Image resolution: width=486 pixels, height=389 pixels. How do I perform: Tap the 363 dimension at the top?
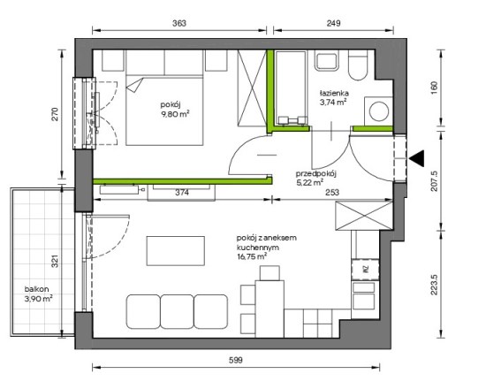tap(179, 23)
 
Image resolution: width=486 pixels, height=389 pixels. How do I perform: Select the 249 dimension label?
tap(333, 23)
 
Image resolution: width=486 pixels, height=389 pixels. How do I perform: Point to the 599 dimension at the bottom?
tap(236, 360)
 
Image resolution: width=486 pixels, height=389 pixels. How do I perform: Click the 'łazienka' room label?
tap(334, 93)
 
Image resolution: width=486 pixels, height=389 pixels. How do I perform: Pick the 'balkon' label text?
tap(36, 289)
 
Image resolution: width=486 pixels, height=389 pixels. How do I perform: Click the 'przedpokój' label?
tap(316, 173)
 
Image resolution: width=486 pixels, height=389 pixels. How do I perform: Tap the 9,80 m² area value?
tap(175, 114)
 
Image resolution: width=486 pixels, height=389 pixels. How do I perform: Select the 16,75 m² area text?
tap(252, 256)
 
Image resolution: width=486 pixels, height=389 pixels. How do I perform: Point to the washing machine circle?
tap(379, 111)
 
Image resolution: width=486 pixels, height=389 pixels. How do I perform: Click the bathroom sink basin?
tap(326, 62)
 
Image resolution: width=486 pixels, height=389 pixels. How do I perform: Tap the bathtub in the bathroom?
tap(292, 88)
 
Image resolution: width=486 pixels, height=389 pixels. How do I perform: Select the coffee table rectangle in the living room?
tap(176, 251)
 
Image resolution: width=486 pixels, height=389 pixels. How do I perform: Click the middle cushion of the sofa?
tap(178, 311)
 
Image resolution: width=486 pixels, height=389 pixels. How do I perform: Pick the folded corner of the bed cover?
tap(135, 85)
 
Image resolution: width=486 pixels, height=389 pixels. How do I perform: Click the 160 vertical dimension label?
tap(434, 88)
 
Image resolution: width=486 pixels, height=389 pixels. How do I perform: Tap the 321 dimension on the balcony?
tap(55, 262)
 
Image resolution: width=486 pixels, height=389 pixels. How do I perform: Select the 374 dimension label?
tap(182, 193)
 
